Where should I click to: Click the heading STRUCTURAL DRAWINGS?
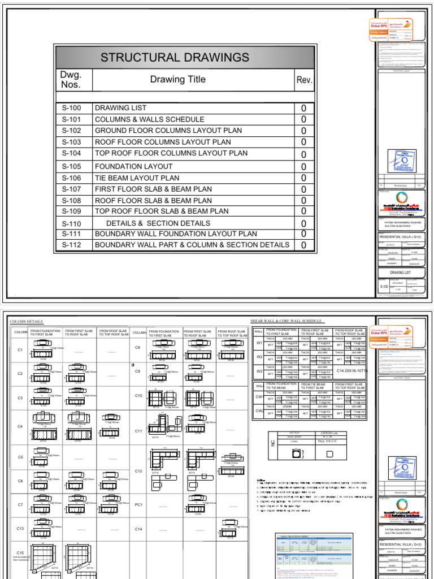coord(174,57)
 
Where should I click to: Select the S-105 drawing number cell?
coord(72,166)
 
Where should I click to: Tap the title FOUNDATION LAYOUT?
coord(133,166)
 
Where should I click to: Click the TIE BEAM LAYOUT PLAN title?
coord(137,178)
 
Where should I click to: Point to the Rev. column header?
coord(304,80)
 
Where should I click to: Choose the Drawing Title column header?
coord(177,80)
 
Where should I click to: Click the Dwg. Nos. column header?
coord(71,80)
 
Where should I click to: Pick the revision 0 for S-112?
coord(303,245)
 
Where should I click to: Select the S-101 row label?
coord(72,119)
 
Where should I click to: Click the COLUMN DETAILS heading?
coord(27,322)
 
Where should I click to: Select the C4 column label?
coord(20,426)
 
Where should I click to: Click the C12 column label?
coord(138,470)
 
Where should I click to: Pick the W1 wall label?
coord(259,343)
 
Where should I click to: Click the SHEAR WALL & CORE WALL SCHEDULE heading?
coord(288,321)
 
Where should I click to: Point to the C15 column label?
coord(20,553)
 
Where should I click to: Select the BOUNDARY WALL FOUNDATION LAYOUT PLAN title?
coord(175,234)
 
